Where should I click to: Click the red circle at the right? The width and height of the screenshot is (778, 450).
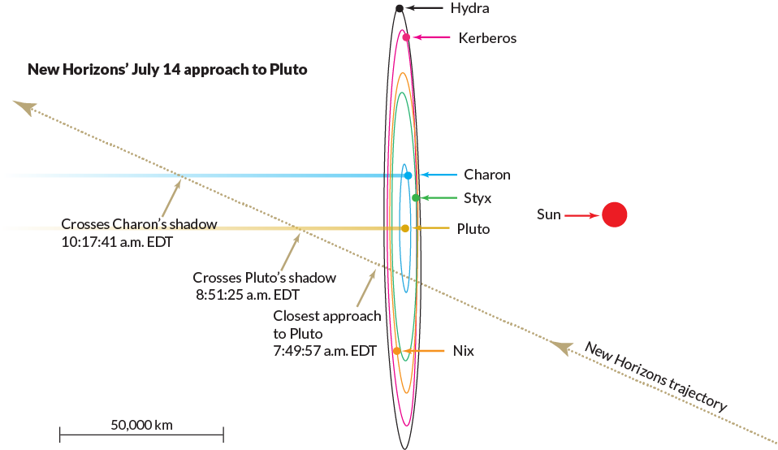click(x=615, y=217)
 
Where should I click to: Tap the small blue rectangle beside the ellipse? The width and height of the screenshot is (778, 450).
click(x=443, y=183)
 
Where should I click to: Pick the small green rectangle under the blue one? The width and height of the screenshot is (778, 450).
click(x=443, y=208)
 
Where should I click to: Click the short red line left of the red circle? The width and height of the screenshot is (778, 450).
click(x=581, y=217)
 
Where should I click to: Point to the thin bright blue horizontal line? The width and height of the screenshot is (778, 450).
click(x=284, y=175)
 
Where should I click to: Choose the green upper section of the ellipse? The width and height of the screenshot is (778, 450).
click(x=402, y=130)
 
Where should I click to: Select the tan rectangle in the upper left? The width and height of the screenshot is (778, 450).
click(x=195, y=134)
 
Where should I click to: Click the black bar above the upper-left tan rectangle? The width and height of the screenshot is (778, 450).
click(x=203, y=71)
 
